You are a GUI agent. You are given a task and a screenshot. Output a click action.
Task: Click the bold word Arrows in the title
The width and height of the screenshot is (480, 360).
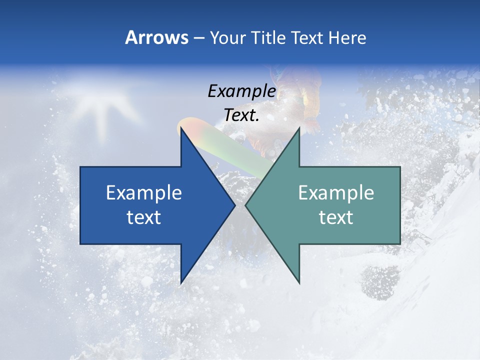coord(156,37)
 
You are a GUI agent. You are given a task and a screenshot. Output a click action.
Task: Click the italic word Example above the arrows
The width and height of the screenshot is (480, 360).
coord(242,91)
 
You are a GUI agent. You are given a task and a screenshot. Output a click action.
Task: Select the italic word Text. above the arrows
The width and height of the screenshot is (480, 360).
coord(242,115)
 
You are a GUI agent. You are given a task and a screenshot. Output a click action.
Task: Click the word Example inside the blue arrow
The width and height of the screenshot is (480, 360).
coord(144,193)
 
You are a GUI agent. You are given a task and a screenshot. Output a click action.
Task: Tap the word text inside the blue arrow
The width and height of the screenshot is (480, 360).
coord(144,217)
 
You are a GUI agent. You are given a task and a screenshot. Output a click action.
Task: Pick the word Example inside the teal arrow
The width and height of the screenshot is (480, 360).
coord(336,193)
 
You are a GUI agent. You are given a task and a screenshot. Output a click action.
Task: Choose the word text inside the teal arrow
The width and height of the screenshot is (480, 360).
coord(336,217)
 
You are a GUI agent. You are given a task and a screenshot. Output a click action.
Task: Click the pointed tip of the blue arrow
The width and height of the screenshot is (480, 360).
coord(234,205)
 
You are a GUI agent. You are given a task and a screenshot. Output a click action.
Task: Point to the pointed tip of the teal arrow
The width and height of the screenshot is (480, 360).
coord(245,205)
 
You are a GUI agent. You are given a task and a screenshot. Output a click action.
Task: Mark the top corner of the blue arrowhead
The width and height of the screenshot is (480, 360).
coord(181,128)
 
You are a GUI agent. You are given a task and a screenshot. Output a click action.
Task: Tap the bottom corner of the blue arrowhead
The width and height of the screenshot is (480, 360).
coord(181,282)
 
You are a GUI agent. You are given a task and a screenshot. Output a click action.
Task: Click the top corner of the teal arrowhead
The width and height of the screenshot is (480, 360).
coord(299,128)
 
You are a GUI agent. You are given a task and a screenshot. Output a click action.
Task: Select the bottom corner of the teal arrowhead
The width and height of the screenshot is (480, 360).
coord(299,282)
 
